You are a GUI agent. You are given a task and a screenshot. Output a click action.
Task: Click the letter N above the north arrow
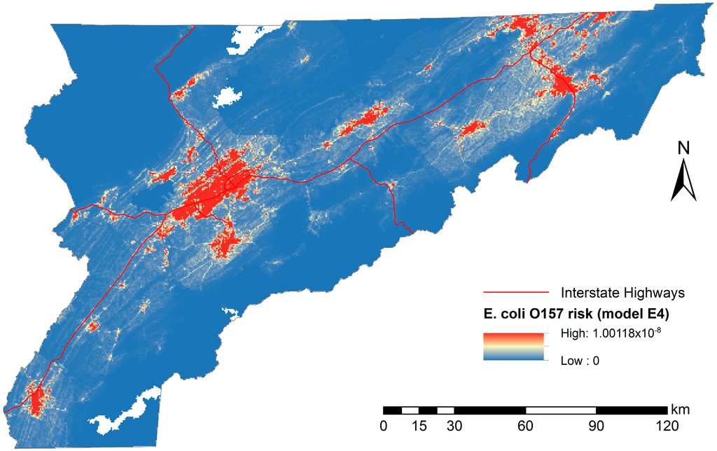683,149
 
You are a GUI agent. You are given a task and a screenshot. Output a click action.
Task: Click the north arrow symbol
683,181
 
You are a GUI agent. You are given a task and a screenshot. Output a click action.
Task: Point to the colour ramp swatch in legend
513,346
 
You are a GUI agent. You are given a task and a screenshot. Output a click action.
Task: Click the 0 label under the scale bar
383,426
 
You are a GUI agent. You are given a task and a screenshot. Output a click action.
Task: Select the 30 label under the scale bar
454,426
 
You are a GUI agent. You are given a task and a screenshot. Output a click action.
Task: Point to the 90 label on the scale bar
596,426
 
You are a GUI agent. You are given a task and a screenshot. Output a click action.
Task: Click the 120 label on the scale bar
666,426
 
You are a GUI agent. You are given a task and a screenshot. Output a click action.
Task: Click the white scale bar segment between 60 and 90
560,410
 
